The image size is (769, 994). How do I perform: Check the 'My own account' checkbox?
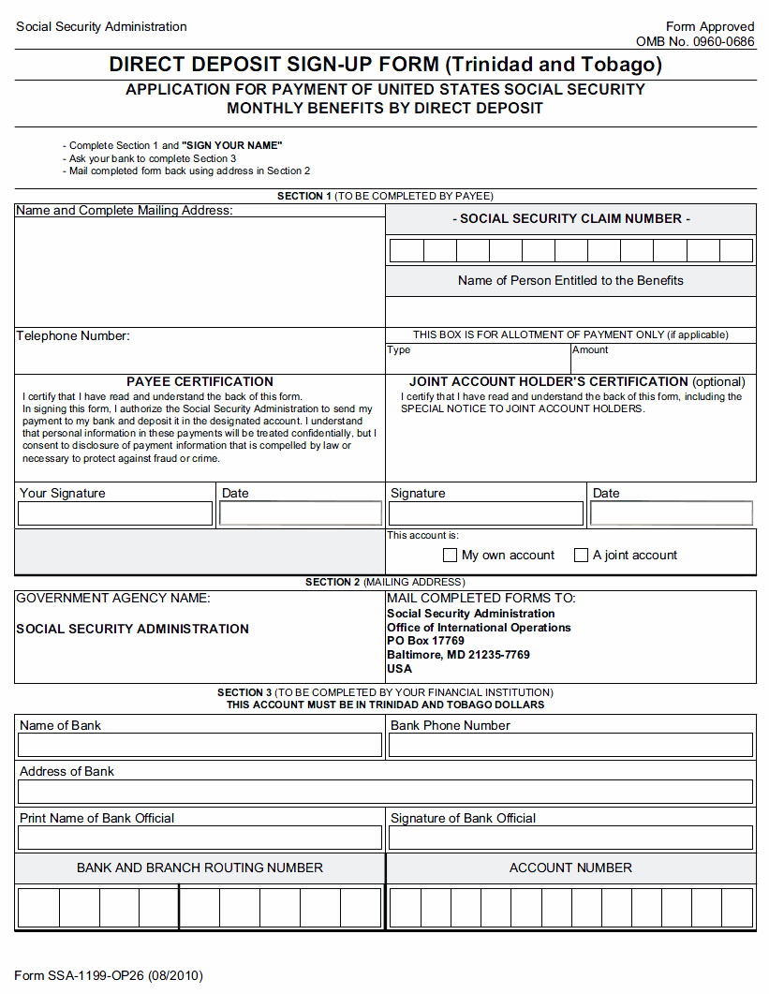pyautogui.click(x=450, y=556)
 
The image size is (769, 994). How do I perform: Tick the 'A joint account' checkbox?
pyautogui.click(x=581, y=556)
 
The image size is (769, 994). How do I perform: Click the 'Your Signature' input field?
pyautogui.click(x=115, y=513)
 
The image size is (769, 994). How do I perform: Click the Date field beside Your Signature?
pyautogui.click(x=301, y=513)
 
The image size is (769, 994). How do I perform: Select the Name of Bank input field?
pyautogui.click(x=200, y=745)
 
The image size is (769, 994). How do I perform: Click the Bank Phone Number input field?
pyautogui.click(x=570, y=745)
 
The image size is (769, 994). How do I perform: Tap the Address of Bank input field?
pyautogui.click(x=385, y=792)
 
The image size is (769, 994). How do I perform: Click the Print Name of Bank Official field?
pyautogui.click(x=200, y=838)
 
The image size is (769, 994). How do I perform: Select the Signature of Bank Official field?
pyautogui.click(x=570, y=838)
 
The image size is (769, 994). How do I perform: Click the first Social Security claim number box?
pyautogui.click(x=407, y=251)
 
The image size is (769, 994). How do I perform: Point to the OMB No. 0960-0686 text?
pyautogui.click(x=695, y=41)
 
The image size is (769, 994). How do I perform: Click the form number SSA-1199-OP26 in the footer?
pyautogui.click(x=108, y=975)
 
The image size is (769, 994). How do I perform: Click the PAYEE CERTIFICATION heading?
pyautogui.click(x=200, y=381)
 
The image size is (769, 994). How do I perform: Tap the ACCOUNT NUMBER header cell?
pyautogui.click(x=570, y=868)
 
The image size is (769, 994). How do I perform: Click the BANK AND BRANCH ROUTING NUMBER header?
pyautogui.click(x=200, y=868)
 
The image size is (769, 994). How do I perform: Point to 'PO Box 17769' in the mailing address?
pyautogui.click(x=425, y=641)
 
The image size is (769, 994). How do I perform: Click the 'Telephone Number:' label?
pyautogui.click(x=73, y=335)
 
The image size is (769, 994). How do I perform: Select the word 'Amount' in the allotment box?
pyautogui.click(x=590, y=349)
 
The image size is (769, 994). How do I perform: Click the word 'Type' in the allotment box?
pyautogui.click(x=398, y=349)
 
